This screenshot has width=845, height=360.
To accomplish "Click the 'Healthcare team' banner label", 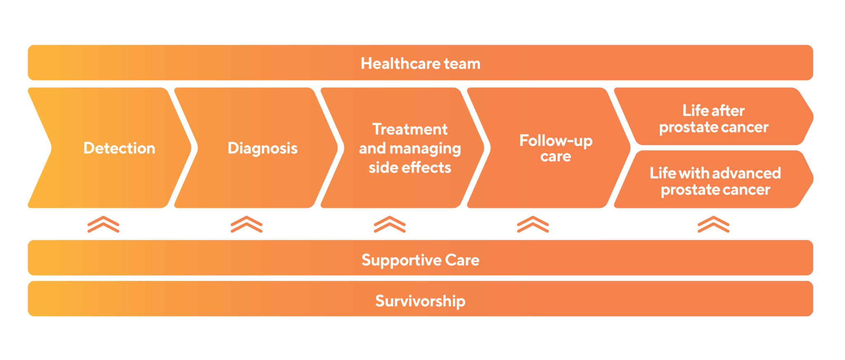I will pyautogui.click(x=420, y=64).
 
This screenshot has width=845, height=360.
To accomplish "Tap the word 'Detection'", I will pyautogui.click(x=119, y=148).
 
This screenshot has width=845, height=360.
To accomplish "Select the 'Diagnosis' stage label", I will pyautogui.click(x=262, y=148).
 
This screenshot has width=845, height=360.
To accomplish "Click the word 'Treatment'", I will pyautogui.click(x=410, y=129).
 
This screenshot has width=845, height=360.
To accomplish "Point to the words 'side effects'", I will pyautogui.click(x=410, y=167).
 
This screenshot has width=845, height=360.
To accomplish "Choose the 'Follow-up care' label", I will pyautogui.click(x=556, y=148).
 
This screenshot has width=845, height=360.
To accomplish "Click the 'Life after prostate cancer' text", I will pyautogui.click(x=713, y=119).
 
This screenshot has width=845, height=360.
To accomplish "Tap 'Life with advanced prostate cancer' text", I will pyautogui.click(x=715, y=181).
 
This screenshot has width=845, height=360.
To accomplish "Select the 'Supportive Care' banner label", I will pyautogui.click(x=420, y=260).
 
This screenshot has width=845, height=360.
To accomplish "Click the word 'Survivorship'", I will pyautogui.click(x=420, y=301).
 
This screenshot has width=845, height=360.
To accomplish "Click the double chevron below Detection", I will pyautogui.click(x=103, y=224).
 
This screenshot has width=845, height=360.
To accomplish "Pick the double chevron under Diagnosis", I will pyautogui.click(x=246, y=224).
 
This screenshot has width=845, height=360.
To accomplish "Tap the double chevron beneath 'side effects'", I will pyautogui.click(x=389, y=224).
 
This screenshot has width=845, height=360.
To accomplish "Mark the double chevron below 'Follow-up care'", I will pyautogui.click(x=533, y=224).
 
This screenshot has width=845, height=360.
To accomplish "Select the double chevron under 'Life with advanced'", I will pyautogui.click(x=713, y=224).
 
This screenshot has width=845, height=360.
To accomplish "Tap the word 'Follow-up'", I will pyautogui.click(x=556, y=141).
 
